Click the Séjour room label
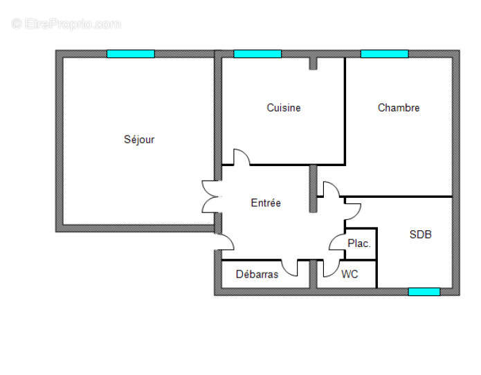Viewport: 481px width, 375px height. coord(139,140)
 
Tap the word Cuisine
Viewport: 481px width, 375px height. coord(284,108)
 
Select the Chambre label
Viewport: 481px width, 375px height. coord(399,108)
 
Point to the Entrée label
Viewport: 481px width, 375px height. coord(266,203)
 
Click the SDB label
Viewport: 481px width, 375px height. coord(420,235)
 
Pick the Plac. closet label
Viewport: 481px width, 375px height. coord(359,244)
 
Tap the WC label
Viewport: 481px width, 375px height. coord(350,275)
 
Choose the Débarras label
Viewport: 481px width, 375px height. coord(257,275)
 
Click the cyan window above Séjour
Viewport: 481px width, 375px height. coord(130,54)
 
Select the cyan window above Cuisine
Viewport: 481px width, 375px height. coord(257,54)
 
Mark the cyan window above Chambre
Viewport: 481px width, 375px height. coord(384,54)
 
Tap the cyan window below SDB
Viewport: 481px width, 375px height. coord(424,291)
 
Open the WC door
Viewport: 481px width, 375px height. coord(329,267)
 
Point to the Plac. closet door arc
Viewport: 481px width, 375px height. coord(337,243)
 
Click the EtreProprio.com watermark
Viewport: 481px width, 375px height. coord(66,24)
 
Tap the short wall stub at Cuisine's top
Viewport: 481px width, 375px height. coord(313,64)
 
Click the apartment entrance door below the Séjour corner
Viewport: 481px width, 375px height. coord(224,243)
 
